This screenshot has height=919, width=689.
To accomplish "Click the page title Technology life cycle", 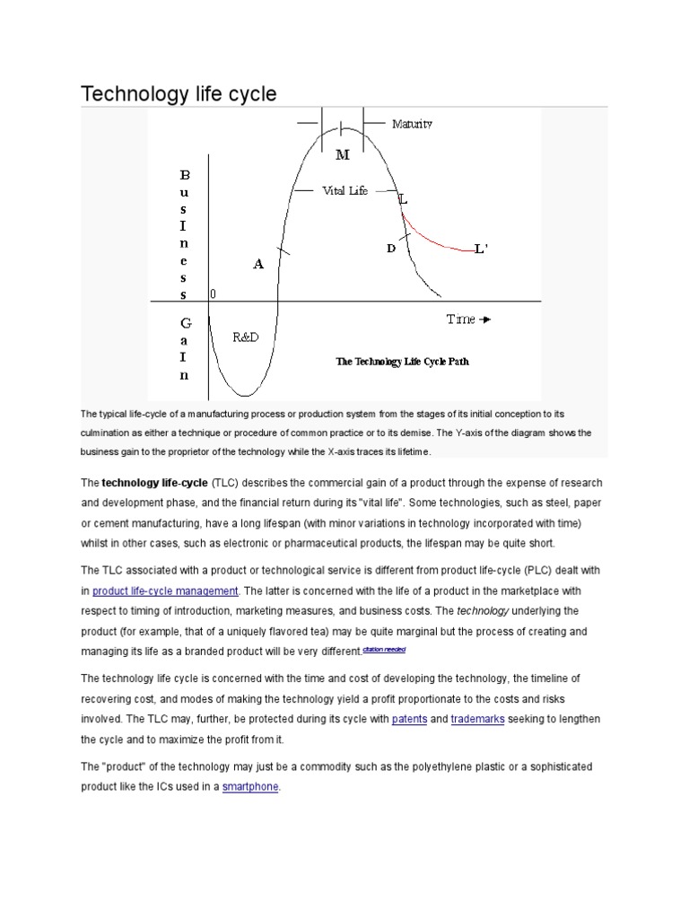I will click(x=179, y=93).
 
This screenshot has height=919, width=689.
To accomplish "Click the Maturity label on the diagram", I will click(x=412, y=124).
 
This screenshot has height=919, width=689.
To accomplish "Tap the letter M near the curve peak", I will click(x=342, y=154).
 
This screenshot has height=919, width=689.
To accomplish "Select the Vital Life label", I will click(x=344, y=190).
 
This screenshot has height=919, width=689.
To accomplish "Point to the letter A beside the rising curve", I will click(x=258, y=264).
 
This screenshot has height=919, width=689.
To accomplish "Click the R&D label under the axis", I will click(x=247, y=337).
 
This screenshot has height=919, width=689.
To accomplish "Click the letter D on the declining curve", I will click(x=391, y=249).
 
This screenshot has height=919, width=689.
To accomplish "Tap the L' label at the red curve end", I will click(x=482, y=249).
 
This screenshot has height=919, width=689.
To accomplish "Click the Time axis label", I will click(x=463, y=319).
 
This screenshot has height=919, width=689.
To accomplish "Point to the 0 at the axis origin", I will click(x=213, y=293).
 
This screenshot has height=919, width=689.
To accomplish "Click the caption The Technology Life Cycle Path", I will click(x=402, y=362).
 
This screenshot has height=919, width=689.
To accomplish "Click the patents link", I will click(x=409, y=720).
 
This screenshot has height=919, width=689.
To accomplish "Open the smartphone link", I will click(x=251, y=787).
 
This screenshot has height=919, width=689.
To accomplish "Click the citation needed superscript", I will click(x=384, y=649).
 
